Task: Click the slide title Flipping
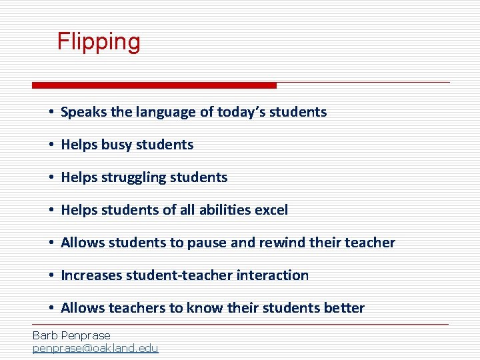[x=99, y=42]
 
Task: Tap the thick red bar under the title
[x=154, y=85]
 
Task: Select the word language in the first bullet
[x=170, y=112]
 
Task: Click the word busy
[x=117, y=145]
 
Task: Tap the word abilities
[x=223, y=210]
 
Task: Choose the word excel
[x=273, y=210]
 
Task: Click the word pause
[x=207, y=243]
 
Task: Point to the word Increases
[x=91, y=275]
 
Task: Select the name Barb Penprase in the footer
[x=71, y=335]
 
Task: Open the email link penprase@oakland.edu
[x=95, y=348]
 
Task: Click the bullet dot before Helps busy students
[x=51, y=145]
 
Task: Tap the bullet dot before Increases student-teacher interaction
[x=51, y=276]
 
